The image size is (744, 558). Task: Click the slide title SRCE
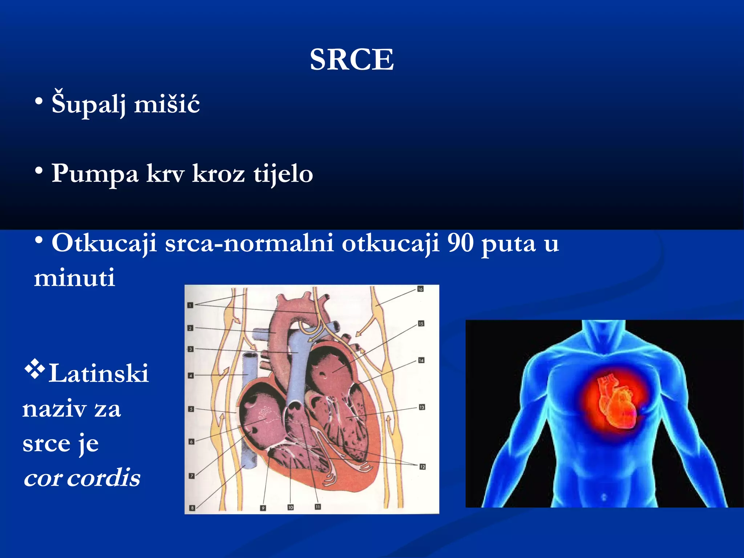(352, 60)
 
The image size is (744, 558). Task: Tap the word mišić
(167, 104)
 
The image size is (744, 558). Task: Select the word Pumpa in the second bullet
(95, 173)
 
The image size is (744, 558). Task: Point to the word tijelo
(283, 174)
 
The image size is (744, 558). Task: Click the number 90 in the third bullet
(460, 243)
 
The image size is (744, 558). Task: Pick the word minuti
(74, 278)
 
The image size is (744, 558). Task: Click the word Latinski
(99, 373)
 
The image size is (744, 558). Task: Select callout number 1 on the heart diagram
(190, 305)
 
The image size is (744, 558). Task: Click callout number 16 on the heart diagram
(420, 289)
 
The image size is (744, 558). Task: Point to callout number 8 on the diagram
(192, 508)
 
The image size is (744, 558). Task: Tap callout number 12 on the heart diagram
(422, 467)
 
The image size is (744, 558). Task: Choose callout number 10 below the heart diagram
(290, 507)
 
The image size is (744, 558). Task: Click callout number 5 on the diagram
(191, 409)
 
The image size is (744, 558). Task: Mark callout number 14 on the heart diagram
(421, 360)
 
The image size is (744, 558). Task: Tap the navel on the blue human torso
(604, 497)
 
